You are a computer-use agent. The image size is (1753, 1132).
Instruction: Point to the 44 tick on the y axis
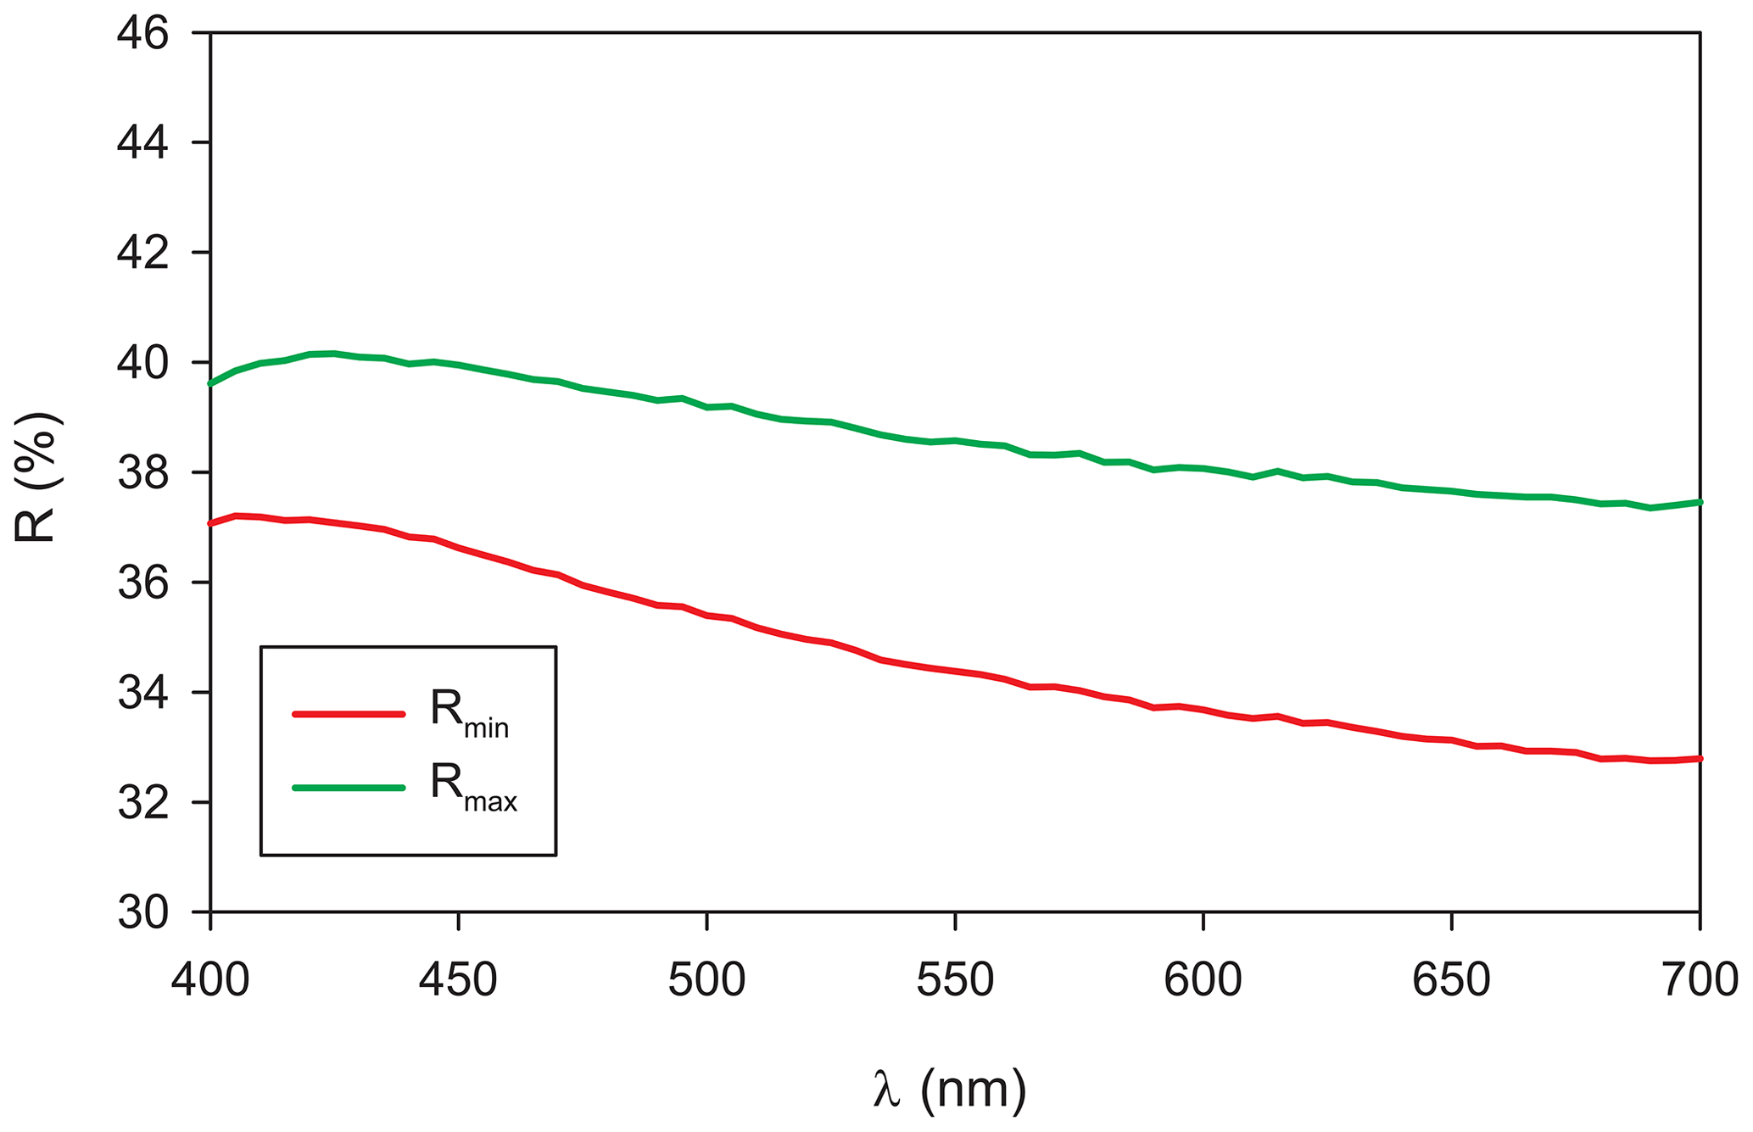pos(143,143)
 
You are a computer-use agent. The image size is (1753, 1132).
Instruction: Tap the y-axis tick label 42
pos(143,254)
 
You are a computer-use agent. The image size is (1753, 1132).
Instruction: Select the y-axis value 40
pos(143,364)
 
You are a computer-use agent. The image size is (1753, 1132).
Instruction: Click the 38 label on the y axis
pos(143,473)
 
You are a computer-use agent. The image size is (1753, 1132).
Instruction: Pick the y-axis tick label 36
pos(143,583)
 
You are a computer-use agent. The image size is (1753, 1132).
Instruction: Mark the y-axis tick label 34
pos(143,694)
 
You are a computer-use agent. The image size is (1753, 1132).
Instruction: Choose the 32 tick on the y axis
pos(143,804)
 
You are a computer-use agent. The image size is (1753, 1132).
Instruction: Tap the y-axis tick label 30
pos(143,913)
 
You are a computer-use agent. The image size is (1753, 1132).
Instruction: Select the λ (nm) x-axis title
pos(949,1090)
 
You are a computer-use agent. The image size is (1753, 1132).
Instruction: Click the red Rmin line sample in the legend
pos(349,714)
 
